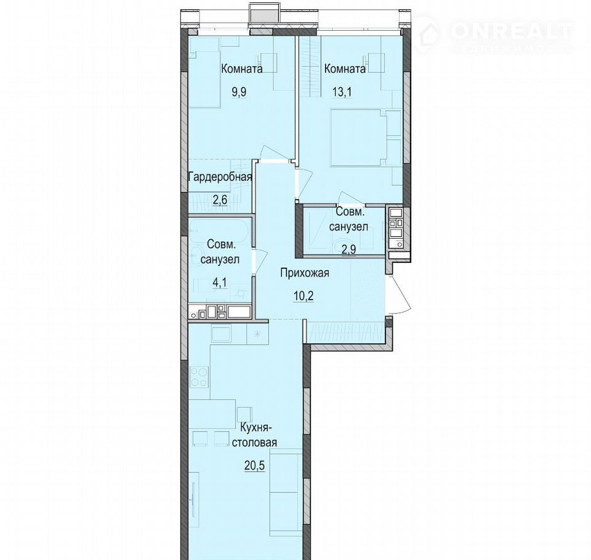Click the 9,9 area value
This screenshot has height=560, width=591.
(x=239, y=92)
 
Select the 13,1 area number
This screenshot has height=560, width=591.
(x=342, y=92)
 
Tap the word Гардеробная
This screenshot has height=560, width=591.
(x=220, y=177)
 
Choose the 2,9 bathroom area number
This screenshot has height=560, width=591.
(x=348, y=249)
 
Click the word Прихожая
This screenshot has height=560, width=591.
(x=304, y=273)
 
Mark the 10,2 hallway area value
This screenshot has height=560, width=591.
(x=304, y=296)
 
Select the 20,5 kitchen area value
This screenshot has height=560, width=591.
(x=254, y=465)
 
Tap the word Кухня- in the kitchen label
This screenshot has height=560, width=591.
(x=254, y=428)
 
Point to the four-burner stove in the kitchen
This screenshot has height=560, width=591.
(x=199, y=377)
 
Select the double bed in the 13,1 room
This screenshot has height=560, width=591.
(x=359, y=138)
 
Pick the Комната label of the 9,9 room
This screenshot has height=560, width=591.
(x=241, y=69)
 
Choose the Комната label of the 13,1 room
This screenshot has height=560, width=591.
(x=345, y=69)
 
